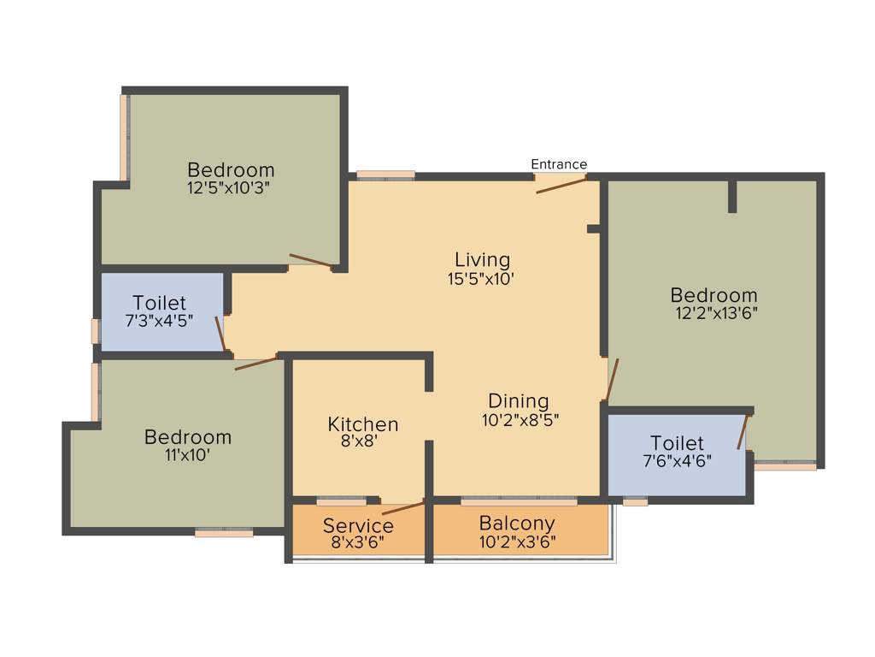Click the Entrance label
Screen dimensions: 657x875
coord(559,164)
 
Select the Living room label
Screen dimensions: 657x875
coord(482,259)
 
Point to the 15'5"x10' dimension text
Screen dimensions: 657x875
coord(482,278)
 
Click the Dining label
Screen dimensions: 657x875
coord(518,400)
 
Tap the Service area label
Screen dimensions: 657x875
coord(358,525)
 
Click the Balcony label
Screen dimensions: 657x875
coord(516,523)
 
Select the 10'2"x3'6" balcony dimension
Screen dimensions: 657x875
coord(516,541)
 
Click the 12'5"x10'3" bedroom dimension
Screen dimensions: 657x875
coord(231,187)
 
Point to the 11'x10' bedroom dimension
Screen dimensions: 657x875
coord(187,455)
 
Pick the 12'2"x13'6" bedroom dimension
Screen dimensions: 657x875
coord(716,313)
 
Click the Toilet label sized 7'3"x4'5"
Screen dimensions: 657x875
coord(159,303)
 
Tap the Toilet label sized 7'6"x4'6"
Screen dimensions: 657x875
coord(677,443)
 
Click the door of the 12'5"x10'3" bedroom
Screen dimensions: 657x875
coord(310,260)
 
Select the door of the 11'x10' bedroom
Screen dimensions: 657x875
coord(255,363)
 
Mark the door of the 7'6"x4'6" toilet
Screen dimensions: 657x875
coord(743,431)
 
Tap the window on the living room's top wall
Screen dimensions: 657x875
coord(385,175)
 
